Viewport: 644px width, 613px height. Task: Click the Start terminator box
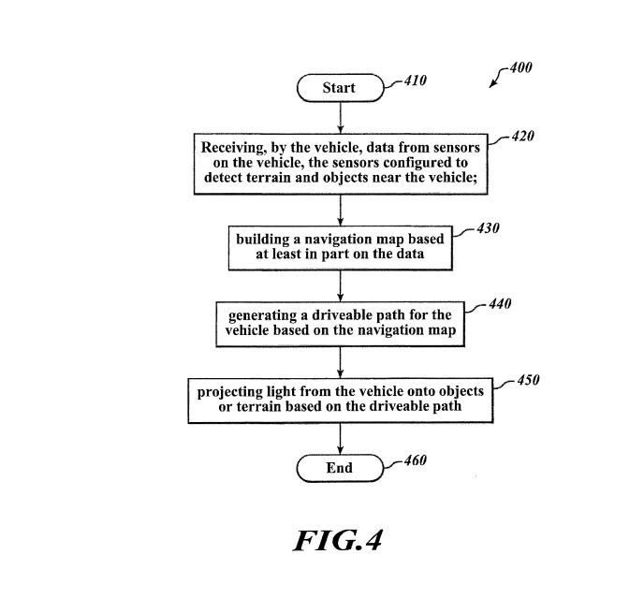coord(339,88)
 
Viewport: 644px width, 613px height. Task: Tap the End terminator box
coord(339,468)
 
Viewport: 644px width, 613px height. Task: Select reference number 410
coord(413,81)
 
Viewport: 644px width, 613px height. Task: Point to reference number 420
coord(520,137)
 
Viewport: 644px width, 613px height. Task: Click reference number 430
coord(487,228)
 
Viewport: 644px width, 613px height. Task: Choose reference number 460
coord(413,460)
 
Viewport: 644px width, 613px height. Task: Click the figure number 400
coord(519,68)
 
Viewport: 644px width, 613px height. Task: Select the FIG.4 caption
coord(339,541)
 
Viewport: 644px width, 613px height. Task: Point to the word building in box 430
coord(262,240)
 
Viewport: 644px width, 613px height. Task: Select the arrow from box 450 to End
coord(339,438)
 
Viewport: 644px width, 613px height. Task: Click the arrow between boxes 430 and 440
coord(339,285)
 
